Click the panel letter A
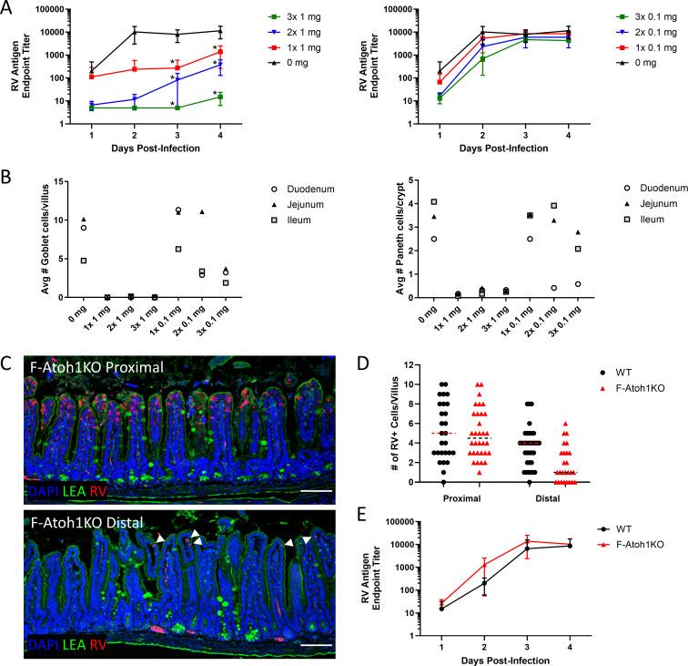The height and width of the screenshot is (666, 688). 7,8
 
